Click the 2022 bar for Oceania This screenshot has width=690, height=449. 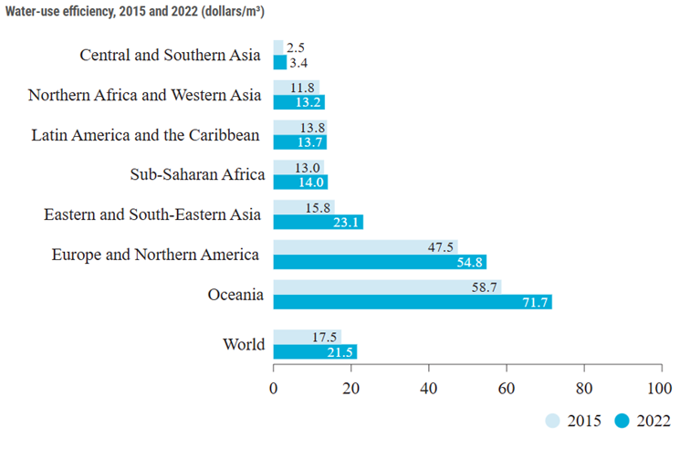coord(411,302)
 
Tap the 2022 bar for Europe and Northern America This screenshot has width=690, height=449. coord(378,262)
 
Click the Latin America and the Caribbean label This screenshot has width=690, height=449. coord(146,135)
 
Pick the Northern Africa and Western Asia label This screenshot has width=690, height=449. coord(144,94)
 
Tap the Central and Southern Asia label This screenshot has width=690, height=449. coord(171,55)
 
